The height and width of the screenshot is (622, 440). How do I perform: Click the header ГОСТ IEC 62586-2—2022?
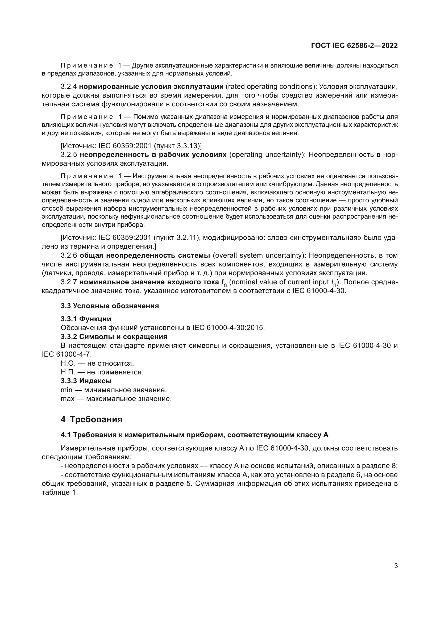tap(354, 45)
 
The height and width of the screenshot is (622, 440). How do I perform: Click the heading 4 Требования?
tap(91, 419)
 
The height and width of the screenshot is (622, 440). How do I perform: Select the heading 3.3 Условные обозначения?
tap(109, 306)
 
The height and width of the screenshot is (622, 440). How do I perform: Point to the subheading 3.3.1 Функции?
tap(86, 319)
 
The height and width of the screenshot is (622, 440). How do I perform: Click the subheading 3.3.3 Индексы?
tap(86, 381)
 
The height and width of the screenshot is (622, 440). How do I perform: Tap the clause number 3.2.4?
tap(69, 87)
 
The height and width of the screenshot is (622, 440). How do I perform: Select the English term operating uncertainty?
tap(267, 155)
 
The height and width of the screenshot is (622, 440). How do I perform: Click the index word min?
tap(67, 390)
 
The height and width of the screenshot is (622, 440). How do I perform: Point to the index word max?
tap(68, 399)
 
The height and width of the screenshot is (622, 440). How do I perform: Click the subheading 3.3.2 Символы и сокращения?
tap(114, 337)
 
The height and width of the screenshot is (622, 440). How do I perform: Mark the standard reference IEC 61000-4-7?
tap(67, 354)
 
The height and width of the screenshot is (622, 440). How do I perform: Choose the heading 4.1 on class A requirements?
tap(194, 435)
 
